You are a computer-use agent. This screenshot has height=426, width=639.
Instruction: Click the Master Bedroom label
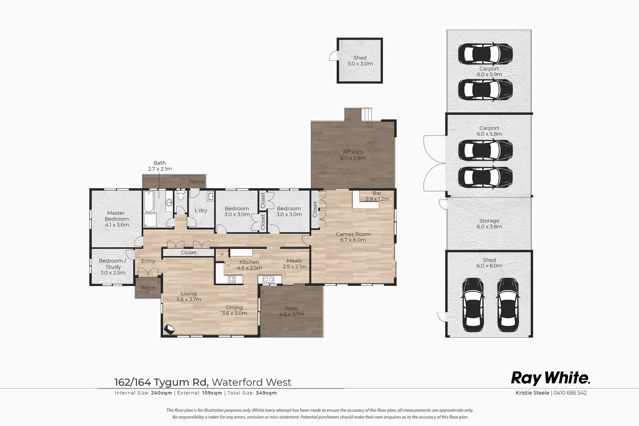(x=117, y=219)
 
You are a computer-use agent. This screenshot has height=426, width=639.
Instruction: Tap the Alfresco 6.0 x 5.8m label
(x=353, y=155)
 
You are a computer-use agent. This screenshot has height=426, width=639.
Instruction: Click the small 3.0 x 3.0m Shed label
(x=360, y=61)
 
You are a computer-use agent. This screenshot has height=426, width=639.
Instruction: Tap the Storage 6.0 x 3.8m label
(x=489, y=224)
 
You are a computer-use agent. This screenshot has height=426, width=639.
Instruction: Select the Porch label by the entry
(x=148, y=288)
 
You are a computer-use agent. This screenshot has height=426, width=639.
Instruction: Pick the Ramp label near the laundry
(x=197, y=182)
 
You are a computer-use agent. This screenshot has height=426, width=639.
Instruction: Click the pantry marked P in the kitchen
(x=222, y=255)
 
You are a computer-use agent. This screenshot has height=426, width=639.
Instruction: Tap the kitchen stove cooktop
(x=231, y=280)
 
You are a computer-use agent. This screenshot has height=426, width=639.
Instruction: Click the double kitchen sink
(x=269, y=280)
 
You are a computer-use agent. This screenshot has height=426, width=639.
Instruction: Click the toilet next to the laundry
(x=180, y=196)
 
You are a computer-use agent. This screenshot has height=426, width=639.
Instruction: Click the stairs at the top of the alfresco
(x=367, y=115)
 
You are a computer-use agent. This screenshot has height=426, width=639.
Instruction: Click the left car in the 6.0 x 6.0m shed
(x=473, y=305)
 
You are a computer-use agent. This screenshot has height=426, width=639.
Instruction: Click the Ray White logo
(x=551, y=378)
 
